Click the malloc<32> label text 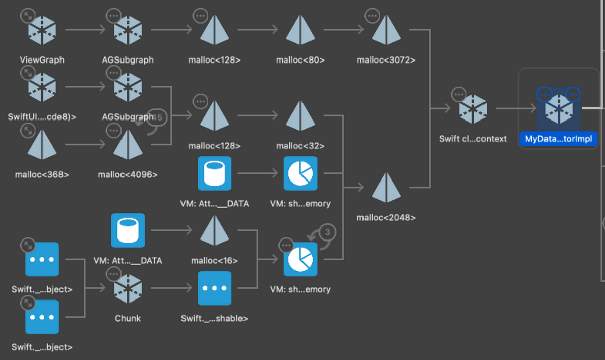[300, 146]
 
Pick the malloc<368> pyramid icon [42, 146]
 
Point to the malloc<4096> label [128, 175]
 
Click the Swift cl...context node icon [473, 108]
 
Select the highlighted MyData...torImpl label [558, 139]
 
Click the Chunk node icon [128, 288]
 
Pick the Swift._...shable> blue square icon [215, 288]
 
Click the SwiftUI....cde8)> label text [42, 117]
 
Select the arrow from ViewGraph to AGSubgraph [85, 30]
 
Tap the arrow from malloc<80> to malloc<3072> [344, 30]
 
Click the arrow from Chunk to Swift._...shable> [171, 288]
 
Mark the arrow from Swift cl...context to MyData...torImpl [516, 108]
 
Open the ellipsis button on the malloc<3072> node [373, 16]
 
